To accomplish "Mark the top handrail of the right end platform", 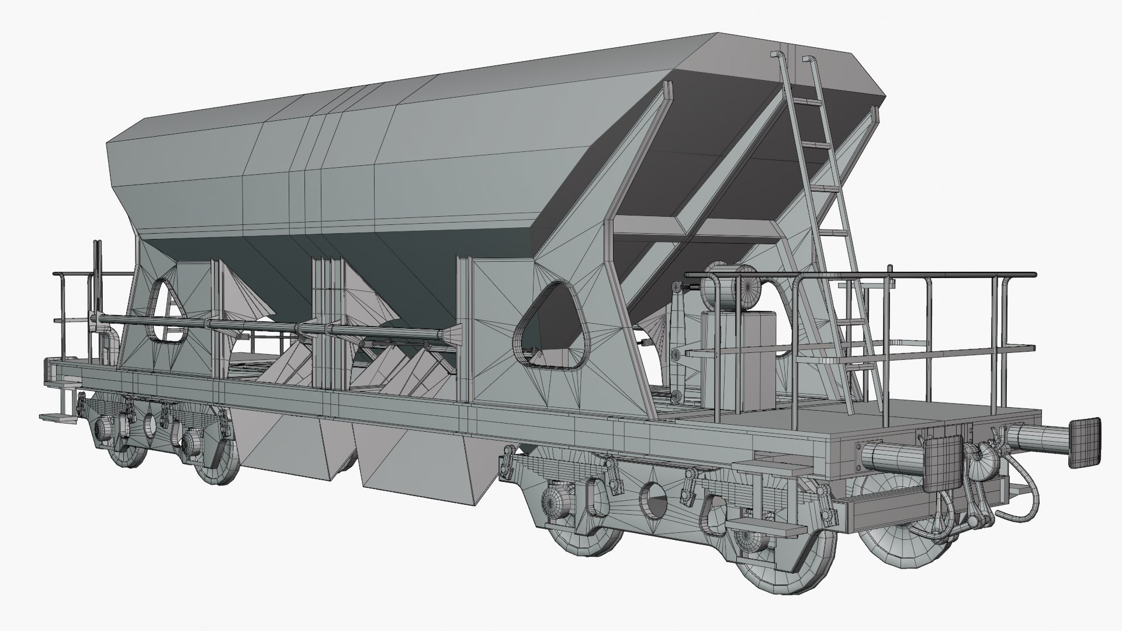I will click(x=859, y=273).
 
